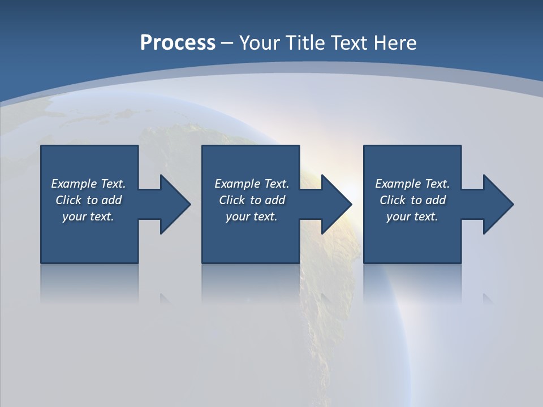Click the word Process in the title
[178, 43]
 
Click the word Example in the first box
[74, 184]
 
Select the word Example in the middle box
[238, 184]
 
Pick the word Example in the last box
[398, 184]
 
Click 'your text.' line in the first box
[88, 217]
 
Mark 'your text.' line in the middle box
[252, 217]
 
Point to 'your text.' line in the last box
[412, 217]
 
